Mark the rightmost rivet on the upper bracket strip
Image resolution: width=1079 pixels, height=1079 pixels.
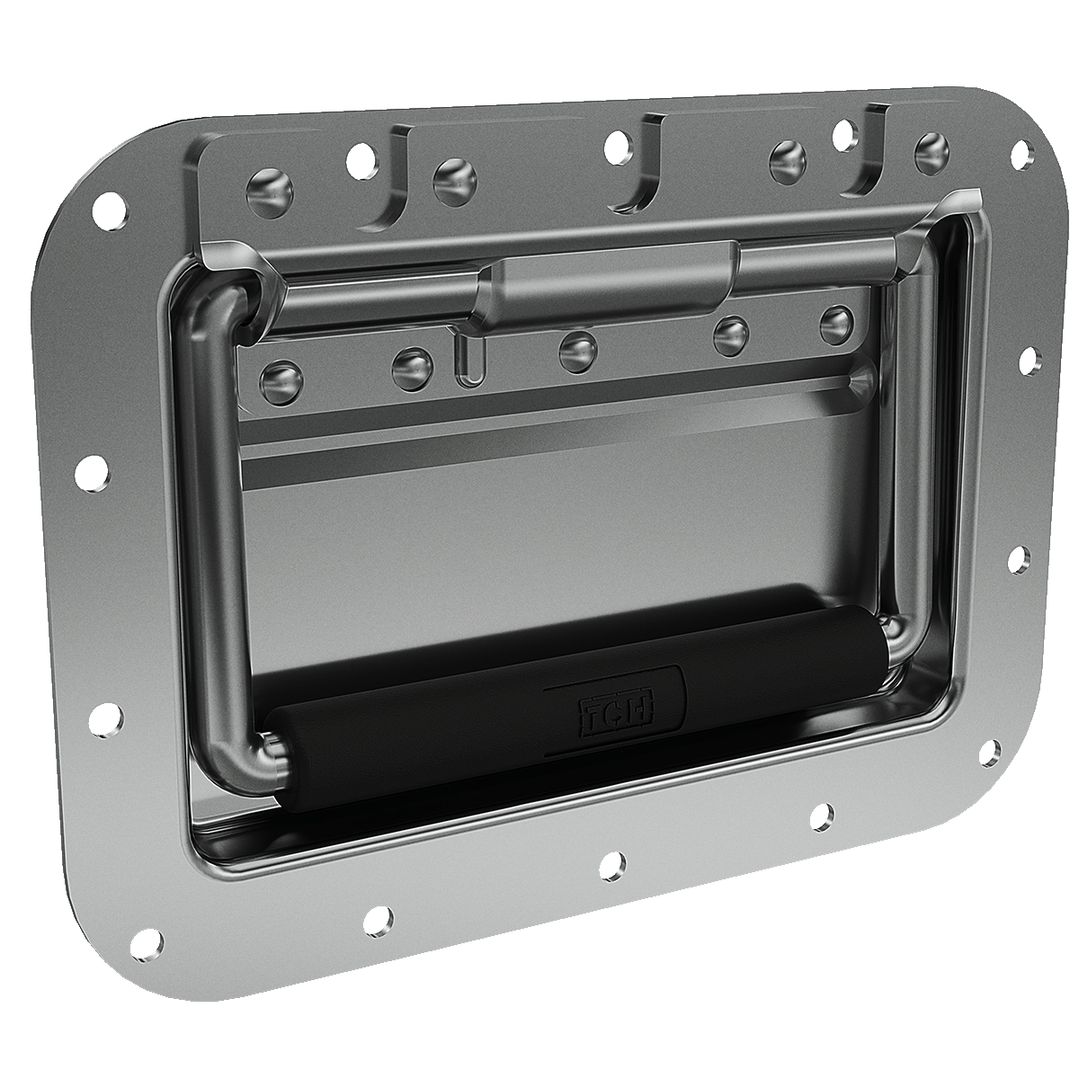[930, 147]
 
